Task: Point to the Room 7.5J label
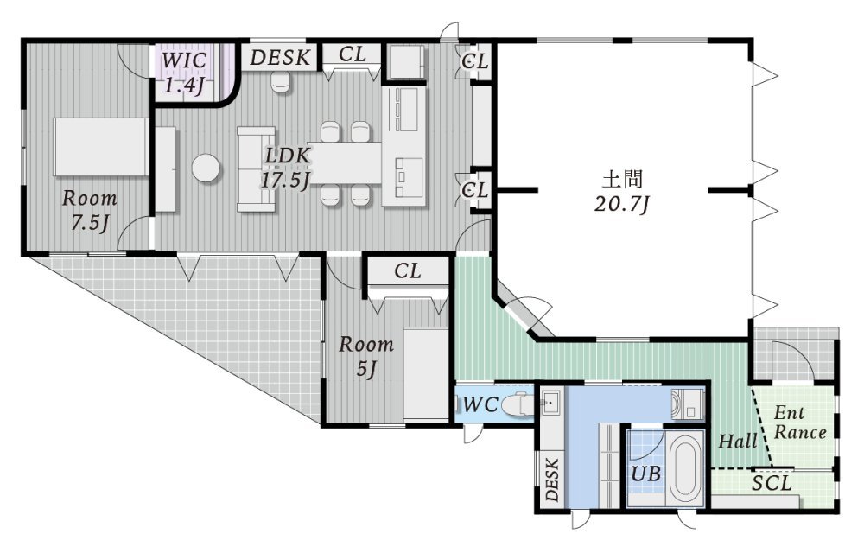[x=89, y=210]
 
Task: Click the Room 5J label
[x=365, y=356]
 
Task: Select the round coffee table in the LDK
[x=206, y=167]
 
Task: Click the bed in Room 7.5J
[x=101, y=146]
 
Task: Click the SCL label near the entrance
[x=772, y=484]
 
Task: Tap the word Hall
[x=737, y=441]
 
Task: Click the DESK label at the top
[x=280, y=58]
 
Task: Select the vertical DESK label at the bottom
[x=552, y=479]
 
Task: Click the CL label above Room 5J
[x=408, y=270]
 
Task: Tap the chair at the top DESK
[x=281, y=83]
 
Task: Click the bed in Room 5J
[x=425, y=374]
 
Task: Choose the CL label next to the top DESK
[x=353, y=54]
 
